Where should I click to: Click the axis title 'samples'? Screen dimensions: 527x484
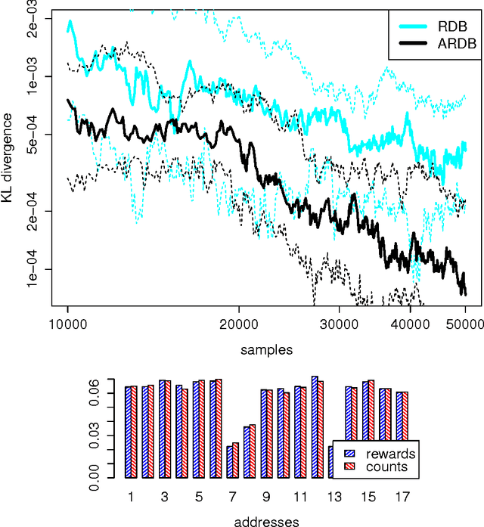tap(266, 350)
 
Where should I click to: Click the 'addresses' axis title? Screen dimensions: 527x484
tap(266, 521)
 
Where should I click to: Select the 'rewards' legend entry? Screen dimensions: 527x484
tap(389, 454)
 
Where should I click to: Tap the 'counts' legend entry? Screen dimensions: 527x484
tap(386, 467)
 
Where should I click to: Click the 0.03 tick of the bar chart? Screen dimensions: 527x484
tap(93, 430)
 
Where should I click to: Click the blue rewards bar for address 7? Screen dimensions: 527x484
tap(230, 462)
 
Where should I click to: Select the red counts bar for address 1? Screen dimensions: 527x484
tap(134, 432)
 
